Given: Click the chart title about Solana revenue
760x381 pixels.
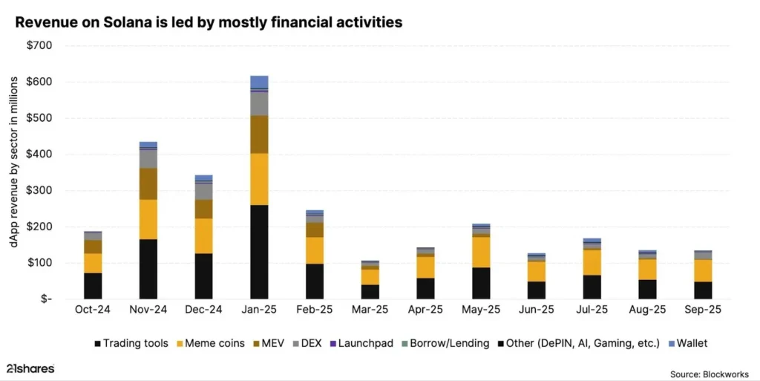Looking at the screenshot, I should [x=209, y=22].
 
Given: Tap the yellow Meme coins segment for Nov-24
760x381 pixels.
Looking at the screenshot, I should [x=148, y=219].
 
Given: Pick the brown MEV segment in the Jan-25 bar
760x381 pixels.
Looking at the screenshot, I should [x=259, y=134].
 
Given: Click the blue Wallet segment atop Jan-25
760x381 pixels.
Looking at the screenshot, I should [x=259, y=82].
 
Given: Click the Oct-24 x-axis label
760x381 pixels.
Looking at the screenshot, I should [x=93, y=309].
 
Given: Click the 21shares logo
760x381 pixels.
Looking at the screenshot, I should [x=30, y=369].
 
